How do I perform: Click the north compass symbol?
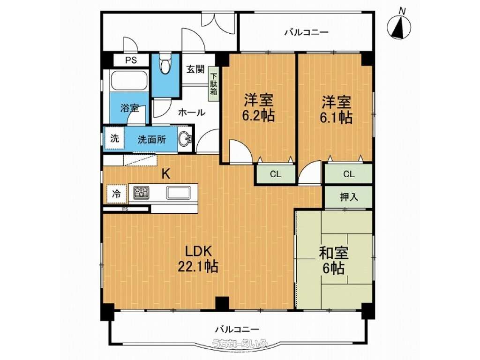[x=399, y=26]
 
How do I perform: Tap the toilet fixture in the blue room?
[x=165, y=64]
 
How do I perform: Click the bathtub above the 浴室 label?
[x=129, y=81]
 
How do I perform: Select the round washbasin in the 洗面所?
[x=185, y=140]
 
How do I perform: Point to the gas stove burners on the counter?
[x=141, y=193]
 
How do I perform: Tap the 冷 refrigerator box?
[x=116, y=194]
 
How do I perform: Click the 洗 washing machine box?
[x=114, y=139]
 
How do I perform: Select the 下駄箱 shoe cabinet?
[x=213, y=84]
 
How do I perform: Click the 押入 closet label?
[x=349, y=197]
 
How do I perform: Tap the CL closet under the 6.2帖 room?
[x=276, y=174]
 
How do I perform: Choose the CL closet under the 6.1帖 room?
[x=349, y=174]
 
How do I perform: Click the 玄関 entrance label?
[x=195, y=69]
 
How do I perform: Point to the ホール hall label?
[x=192, y=112]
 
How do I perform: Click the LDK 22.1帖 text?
[x=198, y=259]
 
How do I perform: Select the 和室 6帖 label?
[x=334, y=261]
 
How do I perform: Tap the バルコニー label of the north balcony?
[x=307, y=32]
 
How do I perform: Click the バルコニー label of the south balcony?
[x=237, y=330]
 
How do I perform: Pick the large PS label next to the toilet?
[x=131, y=60]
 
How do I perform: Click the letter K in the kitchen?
[x=165, y=174]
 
